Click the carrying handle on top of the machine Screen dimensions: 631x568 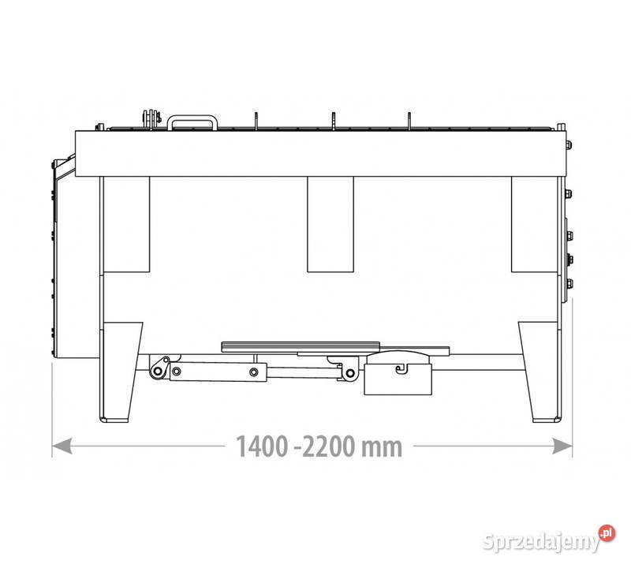coord(192,118)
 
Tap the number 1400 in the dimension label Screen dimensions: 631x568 coord(262,447)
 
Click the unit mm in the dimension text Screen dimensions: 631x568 coord(382,448)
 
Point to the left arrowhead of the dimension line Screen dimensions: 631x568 coord(62,446)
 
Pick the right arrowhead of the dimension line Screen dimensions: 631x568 coord(562,446)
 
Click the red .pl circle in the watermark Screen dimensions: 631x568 coord(607,533)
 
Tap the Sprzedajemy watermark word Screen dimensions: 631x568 coord(540,541)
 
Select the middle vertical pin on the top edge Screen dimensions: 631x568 coord(333,121)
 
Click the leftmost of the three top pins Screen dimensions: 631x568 coord(256,121)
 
